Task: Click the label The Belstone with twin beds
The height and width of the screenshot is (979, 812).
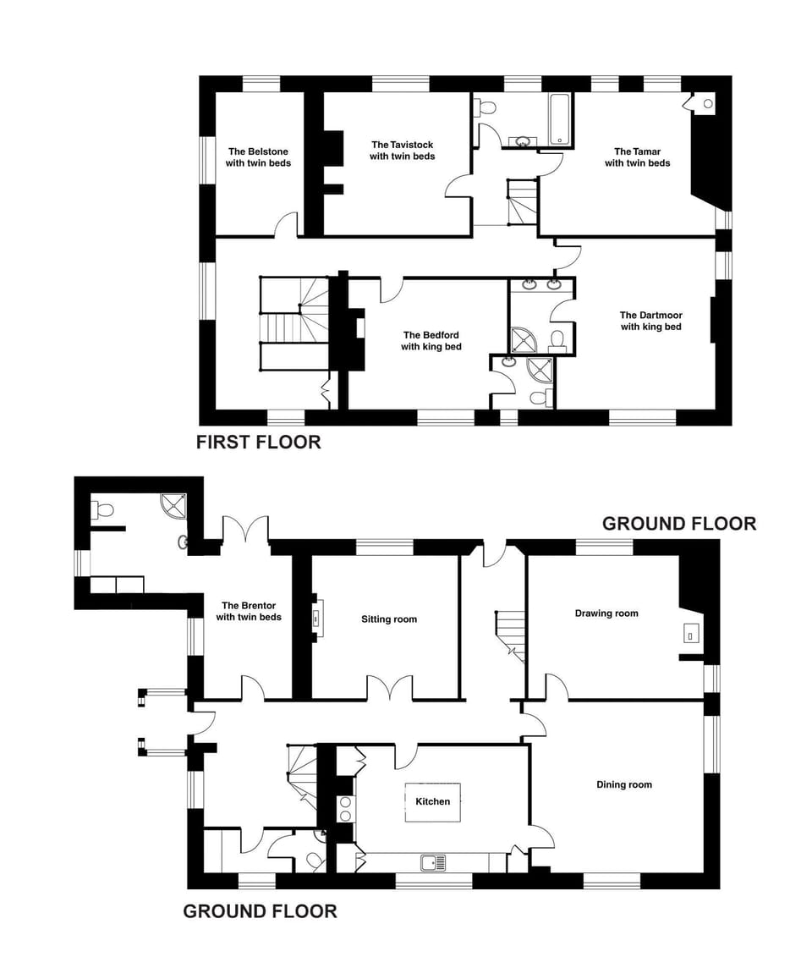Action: tap(258, 157)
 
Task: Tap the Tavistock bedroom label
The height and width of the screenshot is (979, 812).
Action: tap(402, 151)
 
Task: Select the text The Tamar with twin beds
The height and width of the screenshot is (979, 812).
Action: tap(637, 157)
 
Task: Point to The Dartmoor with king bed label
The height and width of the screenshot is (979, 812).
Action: tap(650, 321)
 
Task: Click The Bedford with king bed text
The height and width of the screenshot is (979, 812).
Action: tap(431, 340)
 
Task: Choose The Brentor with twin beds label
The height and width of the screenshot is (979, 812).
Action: tap(249, 611)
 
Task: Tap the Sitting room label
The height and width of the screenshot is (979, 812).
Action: tap(388, 619)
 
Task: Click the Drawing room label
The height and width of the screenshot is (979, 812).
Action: tap(606, 613)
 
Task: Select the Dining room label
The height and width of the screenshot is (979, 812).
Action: tap(623, 784)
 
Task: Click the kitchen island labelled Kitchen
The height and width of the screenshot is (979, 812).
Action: tap(432, 801)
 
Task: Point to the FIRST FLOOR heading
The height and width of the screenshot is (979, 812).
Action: tap(258, 442)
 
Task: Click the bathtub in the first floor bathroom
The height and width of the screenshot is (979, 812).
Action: tap(560, 118)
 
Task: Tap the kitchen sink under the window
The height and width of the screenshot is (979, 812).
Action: tap(433, 862)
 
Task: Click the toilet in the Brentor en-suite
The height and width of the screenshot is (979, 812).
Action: tap(103, 510)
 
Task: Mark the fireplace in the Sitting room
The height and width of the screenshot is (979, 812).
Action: tap(316, 617)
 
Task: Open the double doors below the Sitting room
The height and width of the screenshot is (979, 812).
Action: tap(390, 690)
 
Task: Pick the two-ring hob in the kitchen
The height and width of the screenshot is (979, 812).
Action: tap(345, 809)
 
